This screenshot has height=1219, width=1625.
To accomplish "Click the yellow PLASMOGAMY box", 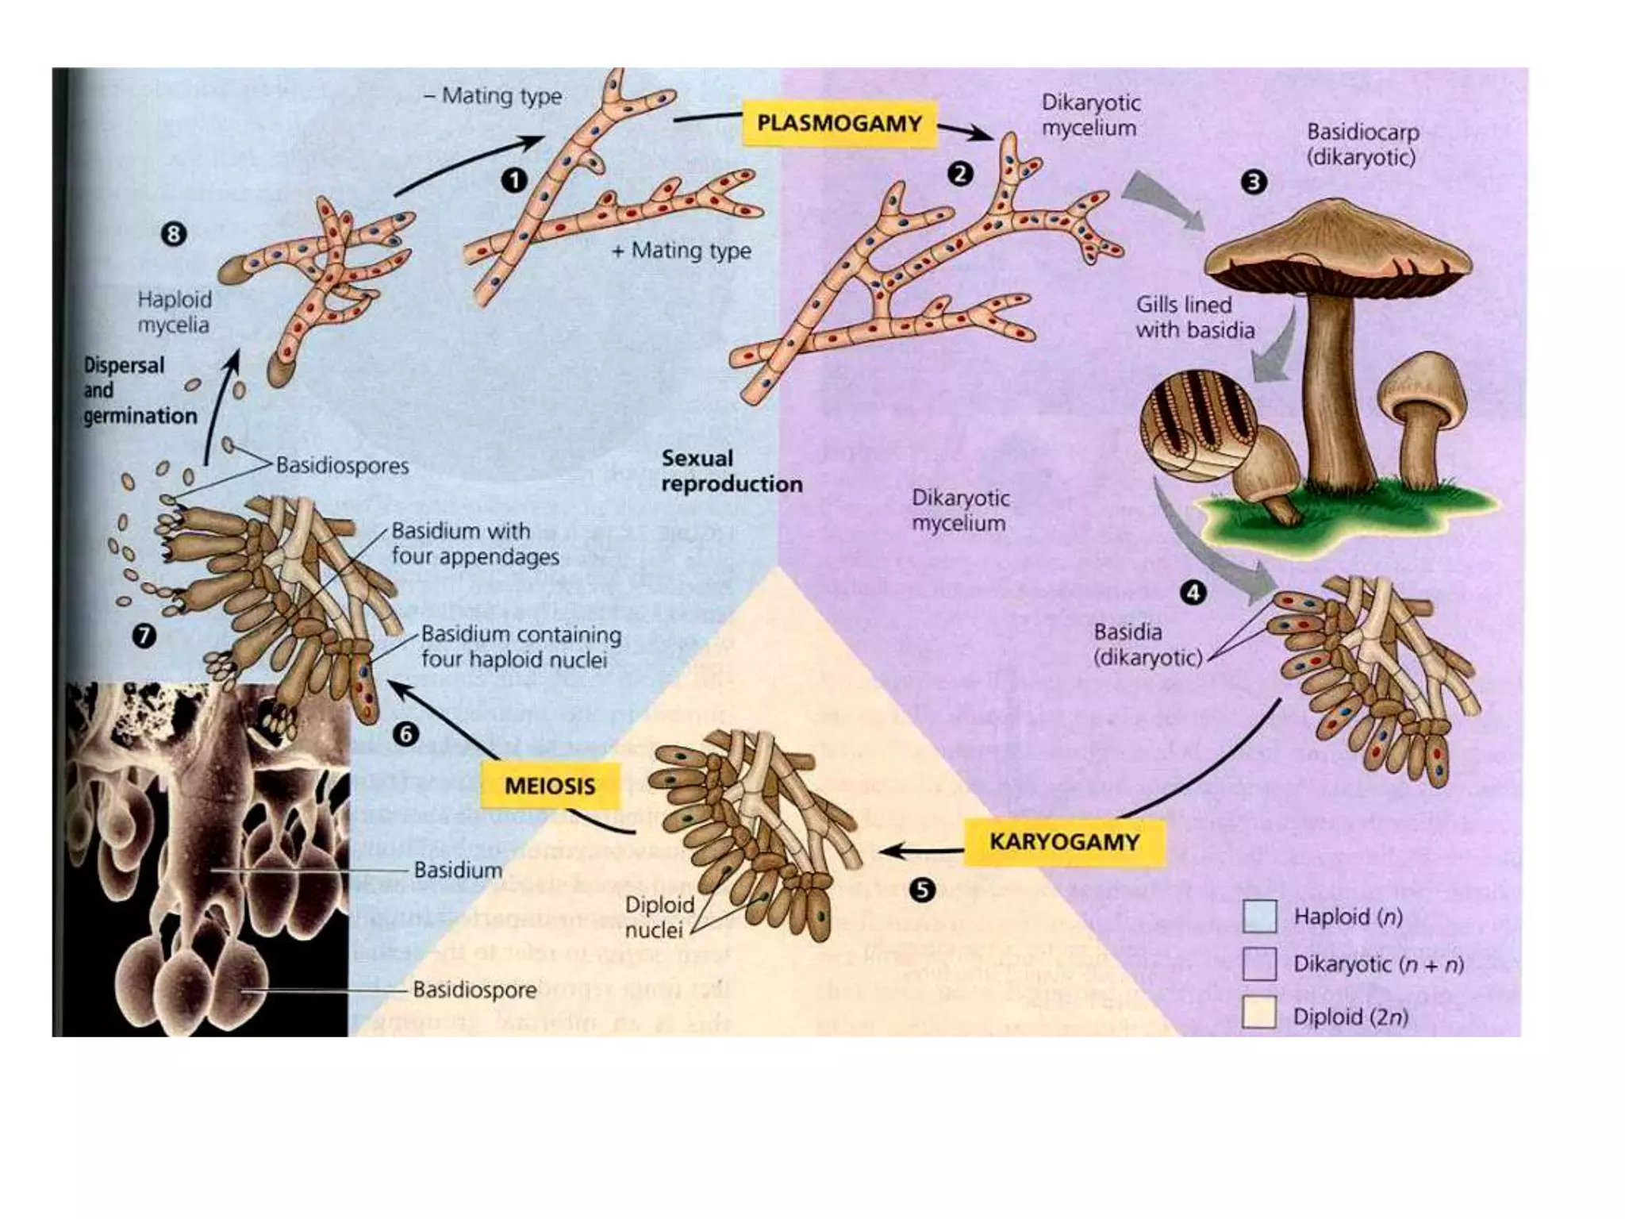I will [x=839, y=124].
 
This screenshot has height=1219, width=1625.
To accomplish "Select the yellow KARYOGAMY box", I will [x=1063, y=842].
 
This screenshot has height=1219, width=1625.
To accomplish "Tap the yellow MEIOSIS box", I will [x=550, y=786].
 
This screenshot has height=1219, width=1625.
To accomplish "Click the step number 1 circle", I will [x=513, y=180].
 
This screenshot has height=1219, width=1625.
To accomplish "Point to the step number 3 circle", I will [x=1254, y=183].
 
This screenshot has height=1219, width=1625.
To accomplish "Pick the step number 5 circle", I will [x=921, y=890].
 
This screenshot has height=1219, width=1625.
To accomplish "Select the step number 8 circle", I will [x=174, y=234].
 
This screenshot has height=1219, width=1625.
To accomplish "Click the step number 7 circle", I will [x=144, y=635].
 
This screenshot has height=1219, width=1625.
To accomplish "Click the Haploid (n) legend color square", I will [x=1259, y=917].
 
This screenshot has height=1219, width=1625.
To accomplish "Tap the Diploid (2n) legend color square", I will [x=1259, y=1013].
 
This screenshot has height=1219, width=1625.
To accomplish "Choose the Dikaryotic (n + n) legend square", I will [x=1259, y=964].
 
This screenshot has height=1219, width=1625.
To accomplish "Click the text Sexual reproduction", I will [x=731, y=471].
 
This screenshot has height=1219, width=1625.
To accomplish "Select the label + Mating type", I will [x=682, y=251].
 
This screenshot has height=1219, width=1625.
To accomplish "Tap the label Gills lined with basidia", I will [x=1194, y=317].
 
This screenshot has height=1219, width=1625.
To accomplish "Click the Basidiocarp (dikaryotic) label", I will [x=1362, y=144].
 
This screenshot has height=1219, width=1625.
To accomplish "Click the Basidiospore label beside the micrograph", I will [x=474, y=990].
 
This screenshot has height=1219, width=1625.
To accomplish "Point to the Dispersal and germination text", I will [x=139, y=390].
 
